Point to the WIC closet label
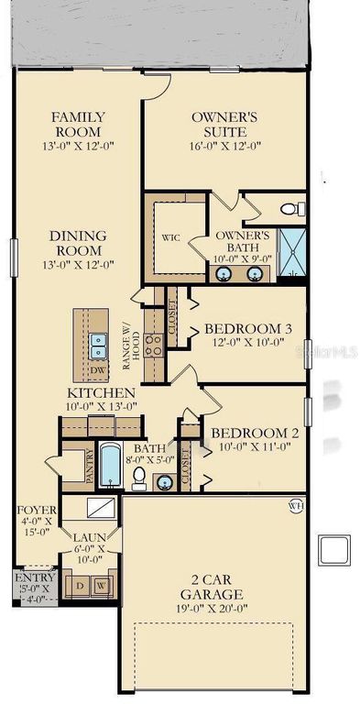coord(170,236)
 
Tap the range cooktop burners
coord(156,346)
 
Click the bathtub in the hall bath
coord(110,465)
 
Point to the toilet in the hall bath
coord(137,477)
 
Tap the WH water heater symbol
coord(294,503)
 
